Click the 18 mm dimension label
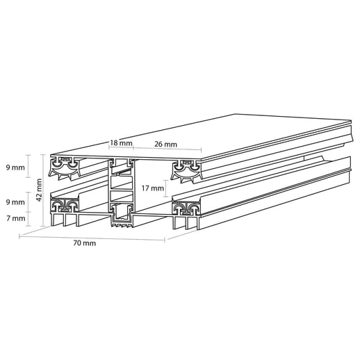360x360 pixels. click(121, 143)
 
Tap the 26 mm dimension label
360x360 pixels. click(165, 143)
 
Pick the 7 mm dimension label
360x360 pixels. click(15, 218)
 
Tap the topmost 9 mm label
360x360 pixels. click(15, 167)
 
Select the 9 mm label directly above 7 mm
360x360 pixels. click(15, 202)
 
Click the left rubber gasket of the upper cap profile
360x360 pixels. click(67, 164)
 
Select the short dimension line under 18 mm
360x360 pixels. click(121, 149)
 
